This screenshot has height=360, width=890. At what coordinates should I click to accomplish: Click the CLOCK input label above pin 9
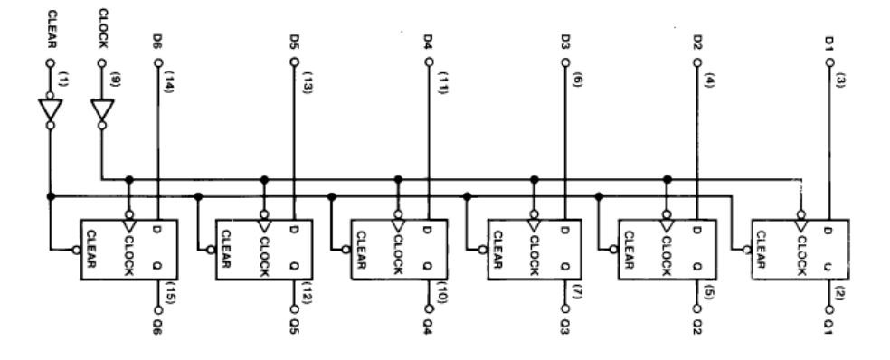(103, 28)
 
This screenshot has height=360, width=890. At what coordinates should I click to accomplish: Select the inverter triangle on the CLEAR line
(51, 110)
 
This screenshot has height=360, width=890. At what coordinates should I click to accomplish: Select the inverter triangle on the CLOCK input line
(102, 110)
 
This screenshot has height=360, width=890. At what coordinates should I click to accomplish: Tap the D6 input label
(158, 42)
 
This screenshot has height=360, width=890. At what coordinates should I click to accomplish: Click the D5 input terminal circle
(293, 62)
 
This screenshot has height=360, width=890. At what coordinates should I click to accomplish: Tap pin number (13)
(308, 81)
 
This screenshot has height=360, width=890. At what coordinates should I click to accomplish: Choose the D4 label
(429, 42)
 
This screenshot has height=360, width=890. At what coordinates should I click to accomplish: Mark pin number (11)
(442, 81)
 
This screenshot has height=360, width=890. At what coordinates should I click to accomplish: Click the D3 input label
(564, 42)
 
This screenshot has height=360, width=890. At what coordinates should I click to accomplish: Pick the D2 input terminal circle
(697, 62)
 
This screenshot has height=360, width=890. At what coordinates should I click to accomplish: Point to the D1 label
(829, 43)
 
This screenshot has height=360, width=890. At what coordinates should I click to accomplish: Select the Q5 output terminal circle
(294, 309)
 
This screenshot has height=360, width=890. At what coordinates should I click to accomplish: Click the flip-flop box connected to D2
(667, 250)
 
